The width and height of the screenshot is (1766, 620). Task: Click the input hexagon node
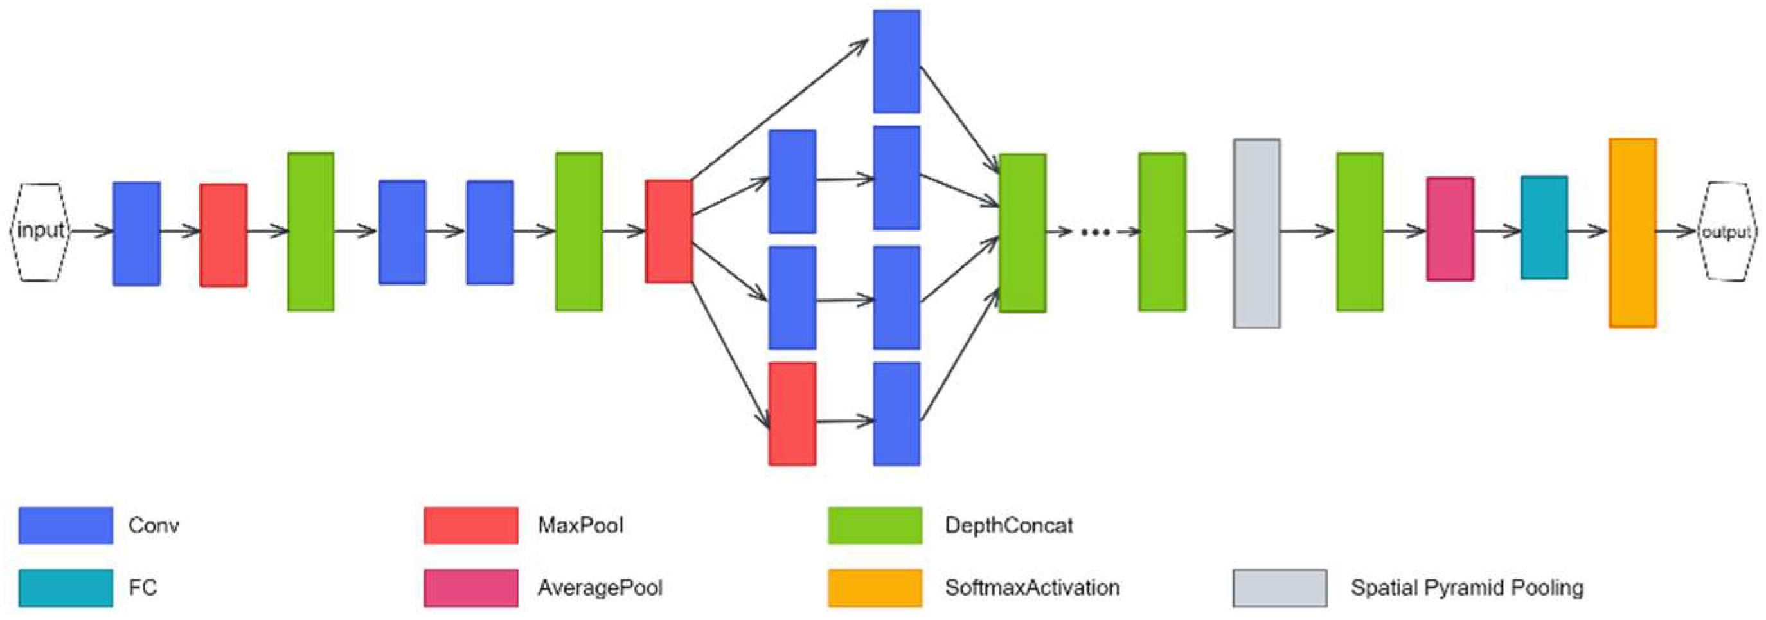(x=40, y=231)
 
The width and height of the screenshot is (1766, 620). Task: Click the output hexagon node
(x=1726, y=232)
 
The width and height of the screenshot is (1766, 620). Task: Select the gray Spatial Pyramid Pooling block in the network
(x=1256, y=233)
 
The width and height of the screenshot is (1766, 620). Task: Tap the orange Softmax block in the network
(x=1633, y=233)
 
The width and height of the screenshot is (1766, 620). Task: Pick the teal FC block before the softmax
(x=1544, y=228)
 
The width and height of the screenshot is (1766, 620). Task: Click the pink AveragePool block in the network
(x=1450, y=229)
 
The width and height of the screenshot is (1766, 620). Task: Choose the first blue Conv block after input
(x=136, y=233)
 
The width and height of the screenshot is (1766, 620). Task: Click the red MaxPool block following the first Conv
(x=224, y=235)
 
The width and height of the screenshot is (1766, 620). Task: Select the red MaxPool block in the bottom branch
(x=792, y=414)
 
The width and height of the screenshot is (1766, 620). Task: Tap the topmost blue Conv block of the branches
(x=896, y=61)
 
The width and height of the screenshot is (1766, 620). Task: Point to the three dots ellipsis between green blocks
(x=1095, y=233)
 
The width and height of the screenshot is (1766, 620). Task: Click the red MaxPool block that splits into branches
(x=668, y=231)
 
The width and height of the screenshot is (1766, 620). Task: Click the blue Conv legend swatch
(x=66, y=525)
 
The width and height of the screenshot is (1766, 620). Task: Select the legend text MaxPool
(x=580, y=525)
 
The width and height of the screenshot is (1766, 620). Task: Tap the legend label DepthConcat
(x=1008, y=525)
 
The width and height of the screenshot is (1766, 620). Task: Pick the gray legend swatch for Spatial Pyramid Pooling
(x=1280, y=588)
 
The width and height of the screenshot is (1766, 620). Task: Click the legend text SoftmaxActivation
(x=1031, y=588)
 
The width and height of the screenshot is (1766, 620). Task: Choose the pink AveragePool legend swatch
(x=471, y=588)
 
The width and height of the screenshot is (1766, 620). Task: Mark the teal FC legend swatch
(x=66, y=588)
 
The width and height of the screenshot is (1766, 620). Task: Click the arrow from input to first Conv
(x=91, y=231)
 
